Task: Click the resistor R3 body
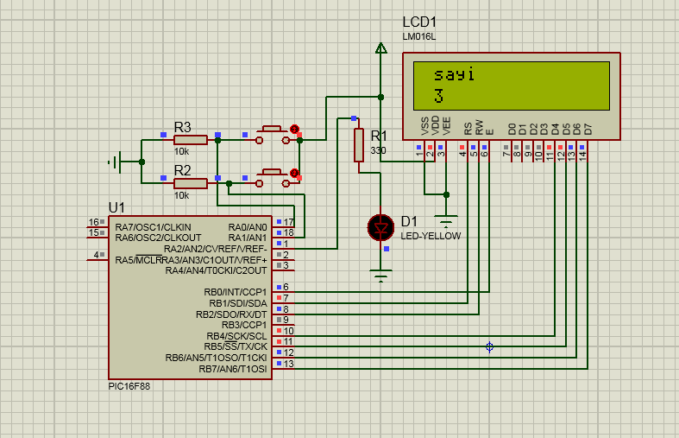pyautogui.click(x=190, y=139)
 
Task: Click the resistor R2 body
pyautogui.click(x=190, y=183)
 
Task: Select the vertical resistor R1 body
pyautogui.click(x=359, y=144)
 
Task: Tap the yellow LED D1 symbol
pyautogui.click(x=380, y=227)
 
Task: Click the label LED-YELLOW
pyautogui.click(x=431, y=236)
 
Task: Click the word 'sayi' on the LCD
pyautogui.click(x=454, y=74)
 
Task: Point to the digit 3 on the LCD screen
pyautogui.click(x=438, y=96)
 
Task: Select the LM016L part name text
pyautogui.click(x=419, y=36)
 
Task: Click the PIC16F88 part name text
pyautogui.click(x=129, y=386)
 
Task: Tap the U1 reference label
pyautogui.click(x=116, y=207)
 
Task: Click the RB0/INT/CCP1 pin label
pyautogui.click(x=236, y=292)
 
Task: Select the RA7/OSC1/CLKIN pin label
pyautogui.click(x=158, y=226)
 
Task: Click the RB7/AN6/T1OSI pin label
pyautogui.click(x=233, y=369)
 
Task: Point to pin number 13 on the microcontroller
pyautogui.click(x=288, y=365)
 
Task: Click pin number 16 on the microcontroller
pyautogui.click(x=94, y=223)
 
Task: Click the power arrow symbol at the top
pyautogui.click(x=380, y=48)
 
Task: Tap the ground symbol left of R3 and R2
pyautogui.click(x=115, y=162)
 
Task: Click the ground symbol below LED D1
pyautogui.click(x=380, y=276)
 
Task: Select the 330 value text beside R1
pyautogui.click(x=378, y=150)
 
